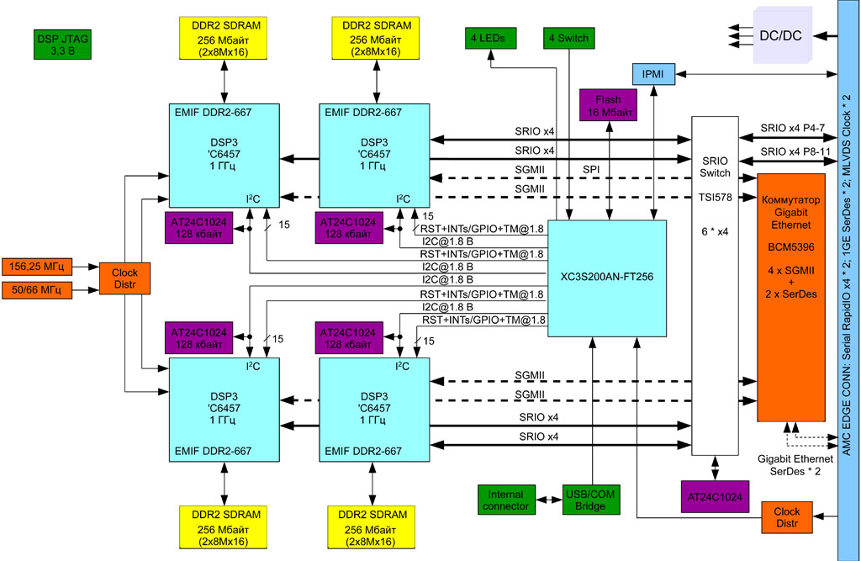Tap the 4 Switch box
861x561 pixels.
click(568, 38)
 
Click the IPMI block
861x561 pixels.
click(652, 75)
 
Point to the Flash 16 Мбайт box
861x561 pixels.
click(608, 106)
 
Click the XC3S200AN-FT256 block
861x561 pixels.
click(607, 277)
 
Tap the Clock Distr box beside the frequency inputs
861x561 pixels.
click(124, 278)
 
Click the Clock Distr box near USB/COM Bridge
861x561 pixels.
click(787, 516)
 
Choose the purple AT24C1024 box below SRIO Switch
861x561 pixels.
click(714, 497)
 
